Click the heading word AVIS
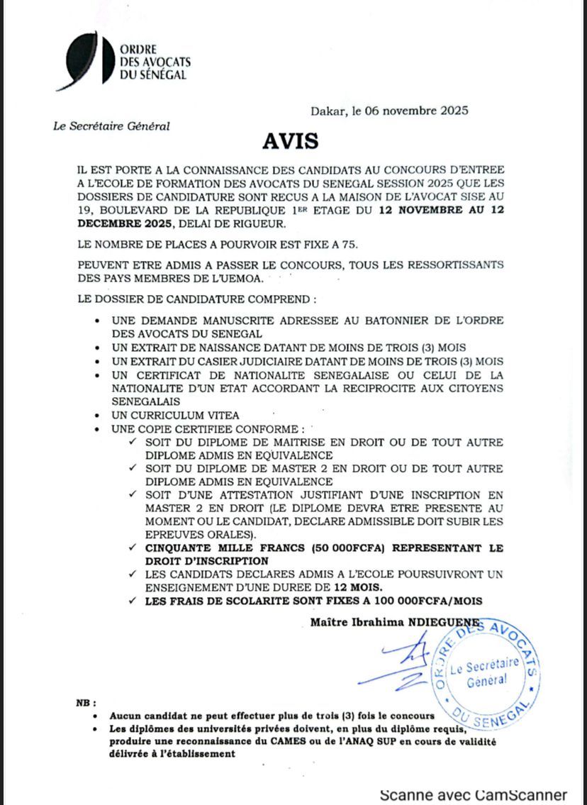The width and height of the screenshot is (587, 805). [x=290, y=140]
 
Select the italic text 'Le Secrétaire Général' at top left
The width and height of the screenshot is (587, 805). [x=111, y=126]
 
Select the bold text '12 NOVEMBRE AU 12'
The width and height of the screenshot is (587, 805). [x=441, y=211]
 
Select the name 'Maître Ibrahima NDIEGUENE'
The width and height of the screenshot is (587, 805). [x=396, y=622]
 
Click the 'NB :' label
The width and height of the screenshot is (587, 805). [x=86, y=703]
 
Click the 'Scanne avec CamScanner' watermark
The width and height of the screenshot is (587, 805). [x=473, y=794]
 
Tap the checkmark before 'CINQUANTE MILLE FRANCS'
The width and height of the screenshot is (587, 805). [x=133, y=548]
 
